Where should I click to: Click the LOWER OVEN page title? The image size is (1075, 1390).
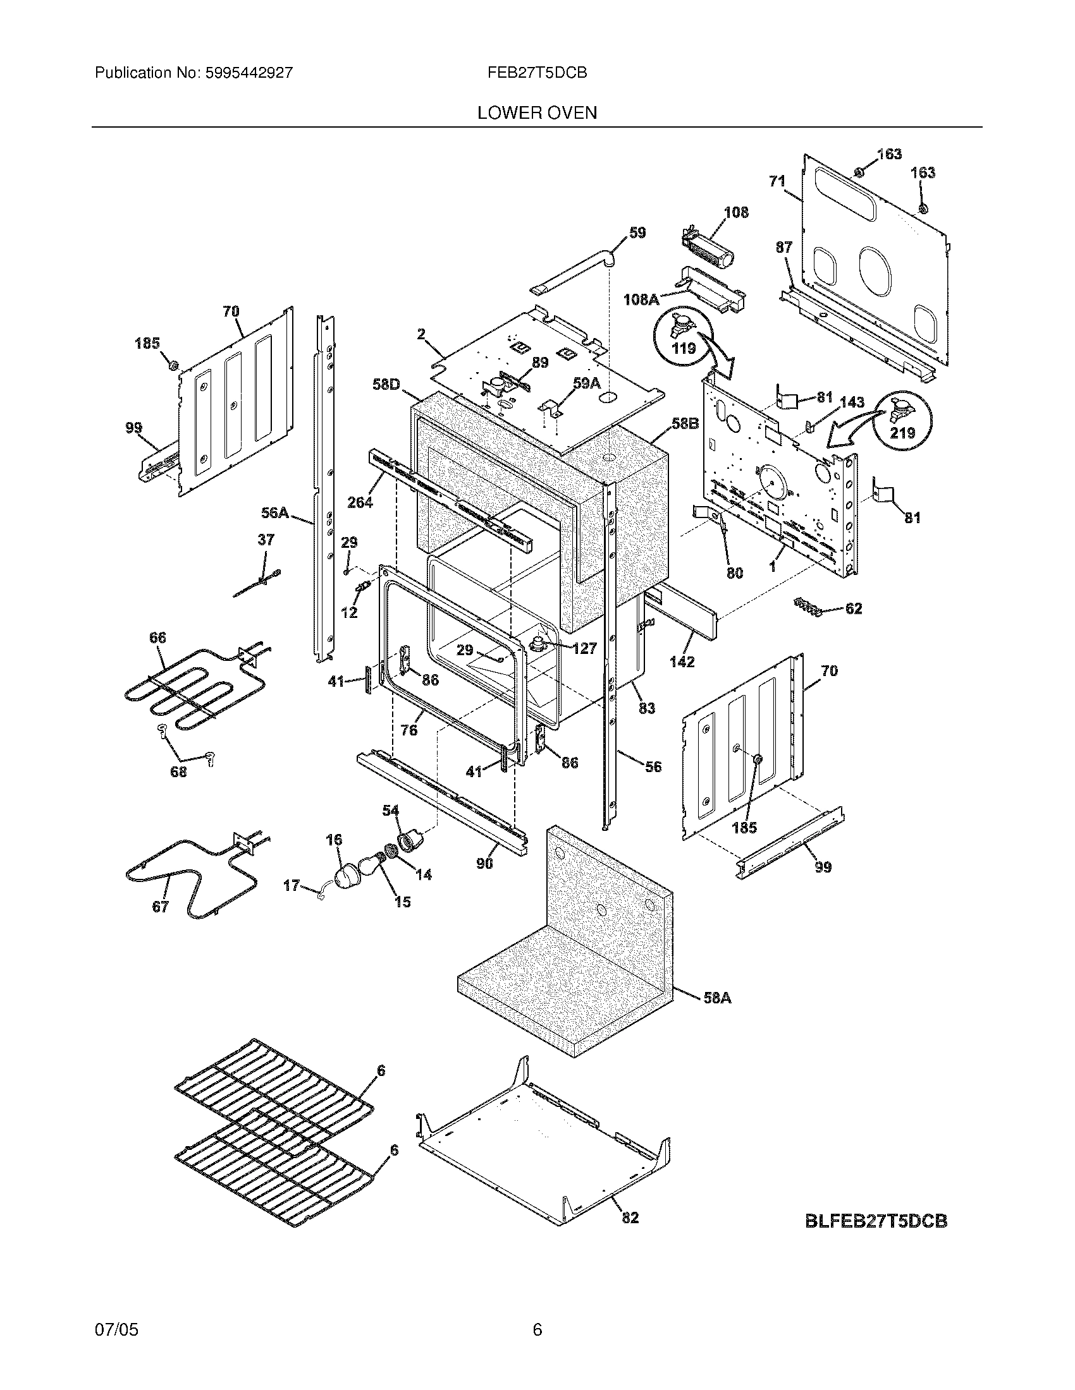pyautogui.click(x=537, y=113)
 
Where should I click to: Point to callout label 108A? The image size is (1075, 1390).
pyautogui.click(x=641, y=299)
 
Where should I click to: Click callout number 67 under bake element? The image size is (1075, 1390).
pyautogui.click(x=160, y=906)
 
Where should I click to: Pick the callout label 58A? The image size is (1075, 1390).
pyautogui.click(x=717, y=998)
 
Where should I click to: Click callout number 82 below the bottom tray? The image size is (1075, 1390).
pyautogui.click(x=629, y=1218)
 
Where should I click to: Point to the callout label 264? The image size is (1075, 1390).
pyautogui.click(x=360, y=502)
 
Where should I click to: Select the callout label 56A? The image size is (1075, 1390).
pyautogui.click(x=275, y=512)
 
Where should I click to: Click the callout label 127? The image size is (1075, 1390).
pyautogui.click(x=584, y=648)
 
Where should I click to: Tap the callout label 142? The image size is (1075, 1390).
pyautogui.click(x=682, y=662)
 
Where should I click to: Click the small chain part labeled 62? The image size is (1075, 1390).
pyautogui.click(x=808, y=607)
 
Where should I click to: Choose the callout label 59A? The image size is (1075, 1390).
pyautogui.click(x=587, y=382)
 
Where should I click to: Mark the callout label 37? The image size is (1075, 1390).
pyautogui.click(x=266, y=540)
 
